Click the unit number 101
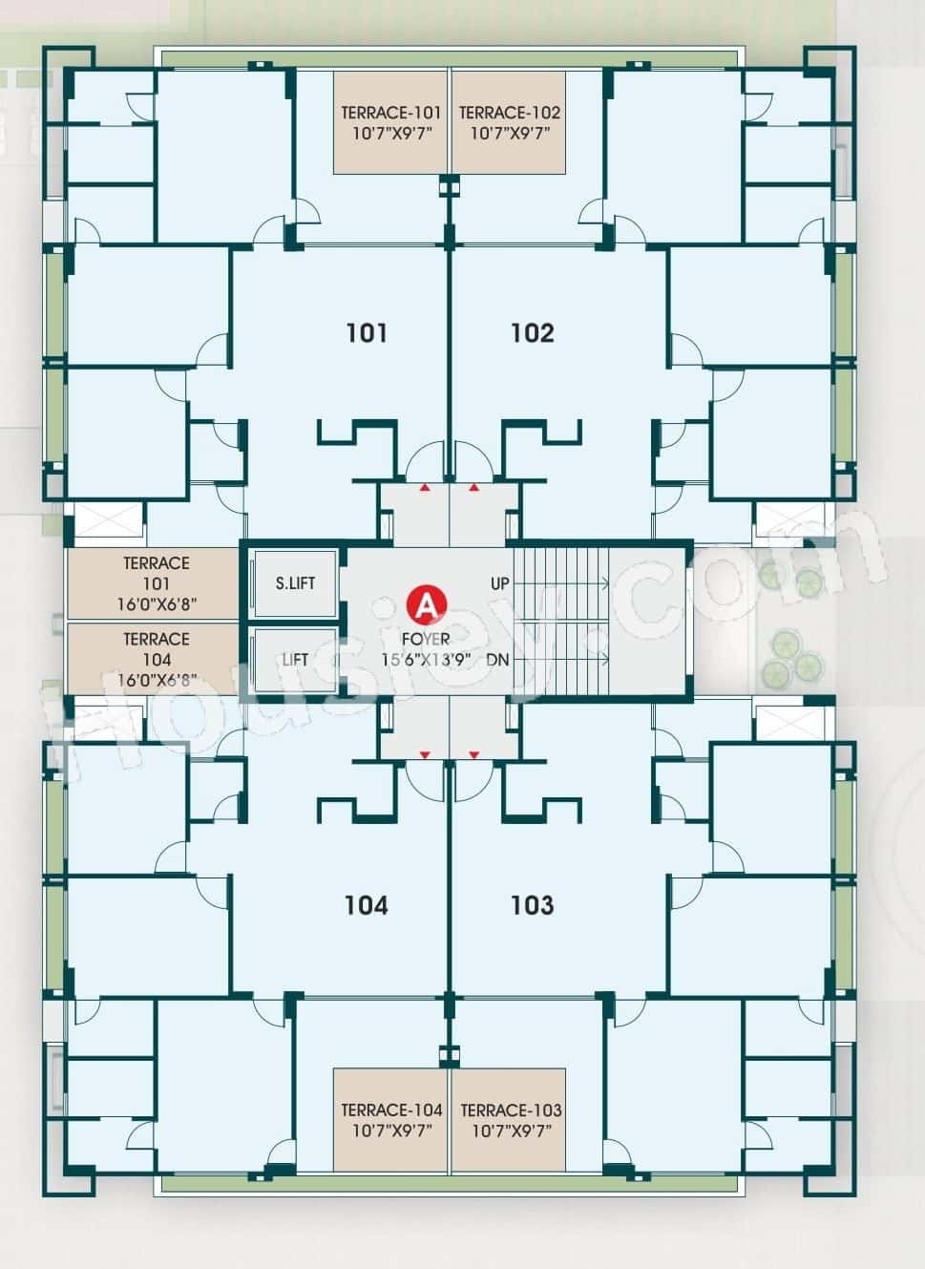367,332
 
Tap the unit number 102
532,332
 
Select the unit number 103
532,904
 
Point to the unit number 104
367,904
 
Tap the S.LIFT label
295,582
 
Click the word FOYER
426,639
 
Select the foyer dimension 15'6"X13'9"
427,660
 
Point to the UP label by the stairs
500,582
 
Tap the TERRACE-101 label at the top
391,113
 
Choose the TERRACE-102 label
510,113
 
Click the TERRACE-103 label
511,1110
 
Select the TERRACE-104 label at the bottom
391,1110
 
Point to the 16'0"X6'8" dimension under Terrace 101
157,603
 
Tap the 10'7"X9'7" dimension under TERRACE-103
511,1131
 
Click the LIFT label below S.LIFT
295,660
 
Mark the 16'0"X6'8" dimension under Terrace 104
157,680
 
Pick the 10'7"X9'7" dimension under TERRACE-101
392,134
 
